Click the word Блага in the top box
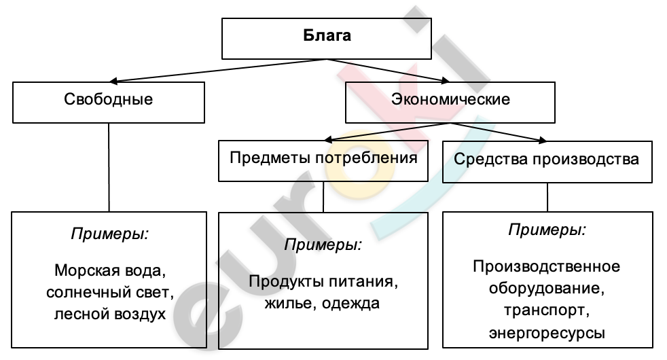click(327, 36)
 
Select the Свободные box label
click(109, 99)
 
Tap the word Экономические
click(450, 99)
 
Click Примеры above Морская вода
click(109, 234)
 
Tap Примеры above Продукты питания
click(323, 244)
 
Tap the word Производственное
click(547, 265)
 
